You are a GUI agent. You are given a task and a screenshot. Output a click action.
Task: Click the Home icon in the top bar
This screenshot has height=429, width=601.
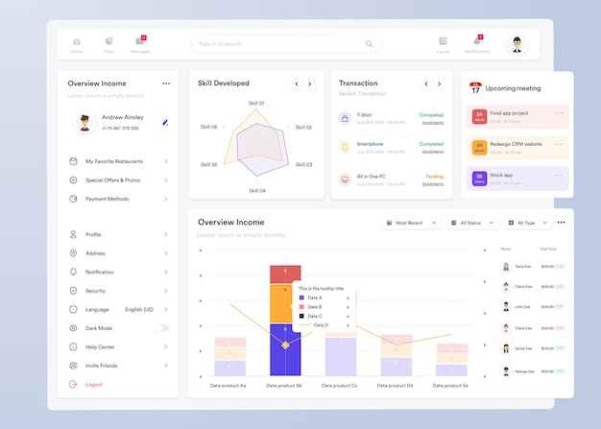point(77,41)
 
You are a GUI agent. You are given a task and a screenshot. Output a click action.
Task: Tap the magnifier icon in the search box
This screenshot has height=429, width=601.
point(369,44)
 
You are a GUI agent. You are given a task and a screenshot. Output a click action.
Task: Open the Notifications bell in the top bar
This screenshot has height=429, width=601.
point(477,41)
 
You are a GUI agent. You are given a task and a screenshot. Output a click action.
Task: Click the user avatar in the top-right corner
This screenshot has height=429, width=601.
point(517,44)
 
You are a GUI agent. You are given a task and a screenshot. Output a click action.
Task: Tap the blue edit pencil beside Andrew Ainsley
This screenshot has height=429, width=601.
point(165,123)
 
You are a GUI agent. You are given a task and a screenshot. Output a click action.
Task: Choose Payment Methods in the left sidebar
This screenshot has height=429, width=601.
point(107,199)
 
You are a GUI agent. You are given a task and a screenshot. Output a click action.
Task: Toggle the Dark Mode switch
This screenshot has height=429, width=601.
point(162,328)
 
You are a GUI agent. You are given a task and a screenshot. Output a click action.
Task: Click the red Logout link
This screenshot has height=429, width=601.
point(93,384)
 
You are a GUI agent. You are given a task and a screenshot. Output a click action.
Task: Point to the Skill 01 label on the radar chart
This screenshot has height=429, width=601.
point(256,103)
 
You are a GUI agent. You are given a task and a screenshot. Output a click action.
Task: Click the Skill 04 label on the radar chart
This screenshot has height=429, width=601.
point(257,191)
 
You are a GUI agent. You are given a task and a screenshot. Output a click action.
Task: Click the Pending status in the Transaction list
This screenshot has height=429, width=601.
point(434,177)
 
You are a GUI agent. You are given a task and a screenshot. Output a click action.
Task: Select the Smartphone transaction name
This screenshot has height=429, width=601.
point(371,144)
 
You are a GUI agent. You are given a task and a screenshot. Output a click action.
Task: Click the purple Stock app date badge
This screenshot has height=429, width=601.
point(478,178)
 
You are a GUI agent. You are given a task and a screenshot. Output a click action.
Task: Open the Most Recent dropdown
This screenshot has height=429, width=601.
point(411,223)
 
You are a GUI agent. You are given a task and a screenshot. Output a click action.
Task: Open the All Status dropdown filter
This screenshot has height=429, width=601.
point(471,223)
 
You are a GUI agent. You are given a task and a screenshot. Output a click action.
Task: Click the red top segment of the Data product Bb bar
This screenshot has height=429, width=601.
point(285,274)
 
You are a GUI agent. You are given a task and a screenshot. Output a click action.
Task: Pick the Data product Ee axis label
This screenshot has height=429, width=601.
point(450,386)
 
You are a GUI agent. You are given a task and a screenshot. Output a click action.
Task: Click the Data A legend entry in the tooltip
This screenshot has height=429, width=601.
point(314,298)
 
